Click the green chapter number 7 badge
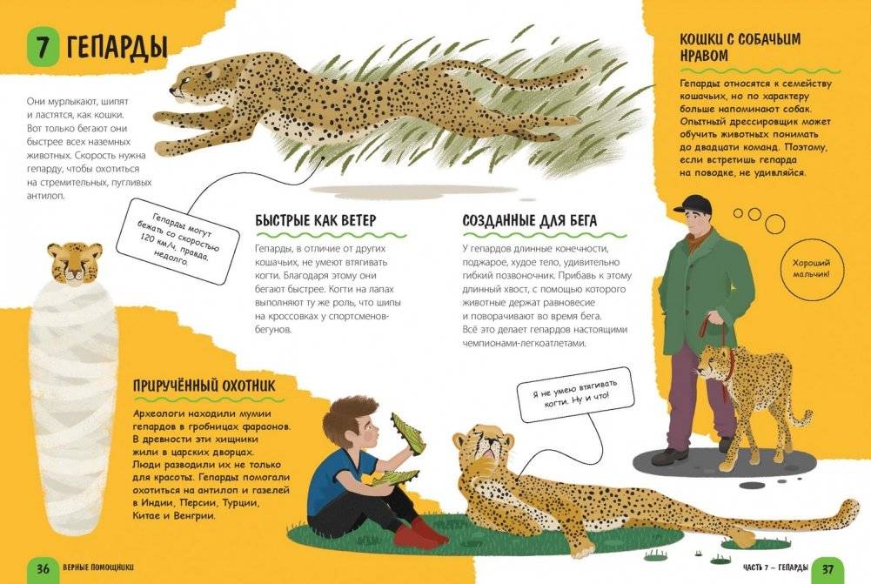point(43,47)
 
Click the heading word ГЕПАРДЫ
point(117,47)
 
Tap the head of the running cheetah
point(191,83)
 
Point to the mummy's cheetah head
point(75,262)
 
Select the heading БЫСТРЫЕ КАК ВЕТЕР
point(316,220)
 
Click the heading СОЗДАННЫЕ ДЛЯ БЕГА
point(529,220)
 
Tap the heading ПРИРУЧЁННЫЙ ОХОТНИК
point(204,386)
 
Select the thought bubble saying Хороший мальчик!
point(811,269)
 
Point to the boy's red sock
point(419,534)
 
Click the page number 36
point(43,568)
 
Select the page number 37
point(827,569)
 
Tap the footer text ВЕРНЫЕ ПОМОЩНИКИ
point(98,567)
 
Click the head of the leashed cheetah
point(714,363)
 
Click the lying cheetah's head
point(483,445)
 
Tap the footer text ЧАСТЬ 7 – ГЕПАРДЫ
point(775,567)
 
